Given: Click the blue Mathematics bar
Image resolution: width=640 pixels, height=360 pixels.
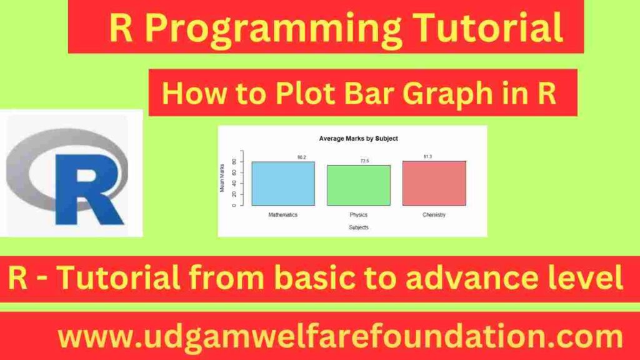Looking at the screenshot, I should [283, 184].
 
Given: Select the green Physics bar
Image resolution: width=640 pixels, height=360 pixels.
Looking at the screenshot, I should [359, 186].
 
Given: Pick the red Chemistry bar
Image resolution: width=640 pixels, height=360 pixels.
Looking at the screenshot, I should [434, 183].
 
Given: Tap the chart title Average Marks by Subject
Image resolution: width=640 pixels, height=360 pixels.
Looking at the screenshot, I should [358, 138].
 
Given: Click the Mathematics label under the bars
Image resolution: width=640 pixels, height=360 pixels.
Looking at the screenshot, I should [283, 214].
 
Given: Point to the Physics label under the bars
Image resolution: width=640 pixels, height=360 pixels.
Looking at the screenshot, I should [359, 214].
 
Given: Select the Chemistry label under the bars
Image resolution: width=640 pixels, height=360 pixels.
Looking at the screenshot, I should [434, 214].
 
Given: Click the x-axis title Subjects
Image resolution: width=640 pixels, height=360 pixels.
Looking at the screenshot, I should [359, 227].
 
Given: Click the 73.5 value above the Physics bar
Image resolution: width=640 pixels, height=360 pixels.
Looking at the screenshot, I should [364, 161].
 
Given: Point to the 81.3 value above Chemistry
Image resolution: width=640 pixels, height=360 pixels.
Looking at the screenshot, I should [427, 156].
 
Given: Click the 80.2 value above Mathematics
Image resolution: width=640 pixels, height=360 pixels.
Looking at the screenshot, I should [302, 157].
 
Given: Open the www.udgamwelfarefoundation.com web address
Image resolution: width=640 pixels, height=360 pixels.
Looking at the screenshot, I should [341, 338].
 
